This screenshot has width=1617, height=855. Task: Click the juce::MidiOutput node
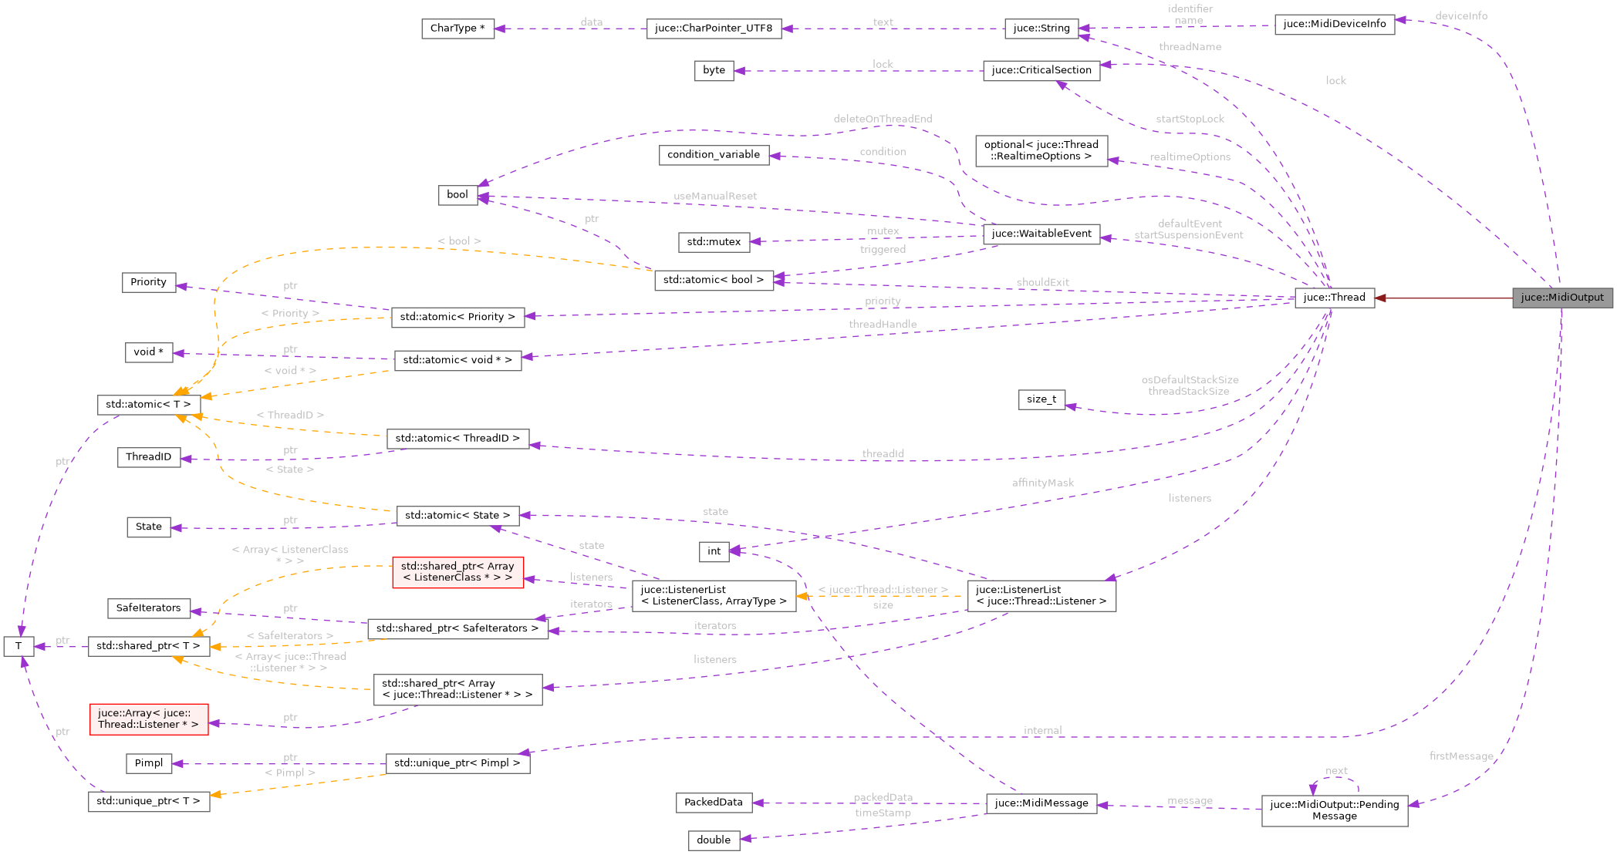tap(1561, 298)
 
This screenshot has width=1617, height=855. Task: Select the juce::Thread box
tap(1334, 298)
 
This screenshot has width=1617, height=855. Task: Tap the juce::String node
tap(1041, 29)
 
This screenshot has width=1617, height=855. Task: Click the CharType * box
tap(457, 29)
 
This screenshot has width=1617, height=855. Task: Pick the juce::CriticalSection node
tap(1041, 70)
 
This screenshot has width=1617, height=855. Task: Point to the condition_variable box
tap(714, 155)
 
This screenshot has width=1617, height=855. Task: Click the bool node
tap(457, 195)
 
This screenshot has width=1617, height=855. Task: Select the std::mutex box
tap(714, 242)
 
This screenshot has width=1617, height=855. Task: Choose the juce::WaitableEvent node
tap(1041, 234)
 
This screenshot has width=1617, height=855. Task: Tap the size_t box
tap(1041, 399)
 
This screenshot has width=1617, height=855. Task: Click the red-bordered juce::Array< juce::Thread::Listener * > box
tap(149, 719)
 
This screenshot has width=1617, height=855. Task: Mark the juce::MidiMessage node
tap(1041, 803)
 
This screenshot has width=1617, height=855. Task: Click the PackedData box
tap(714, 803)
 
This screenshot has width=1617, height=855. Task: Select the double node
tap(714, 840)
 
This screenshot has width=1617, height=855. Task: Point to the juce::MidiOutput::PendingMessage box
tap(1334, 810)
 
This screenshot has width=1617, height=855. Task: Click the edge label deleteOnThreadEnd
tap(883, 119)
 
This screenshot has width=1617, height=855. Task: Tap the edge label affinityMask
tap(1043, 483)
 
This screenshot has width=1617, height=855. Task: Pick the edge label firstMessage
tap(1461, 756)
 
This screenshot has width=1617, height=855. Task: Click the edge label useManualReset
tap(715, 196)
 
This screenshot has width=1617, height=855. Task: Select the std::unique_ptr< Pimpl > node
tap(457, 763)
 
